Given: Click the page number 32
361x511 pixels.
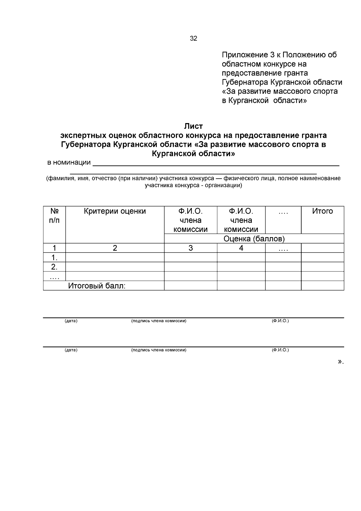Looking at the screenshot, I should coord(193,39).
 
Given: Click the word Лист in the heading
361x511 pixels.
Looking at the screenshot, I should coord(193,126).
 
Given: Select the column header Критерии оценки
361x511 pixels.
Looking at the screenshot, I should coord(115,211).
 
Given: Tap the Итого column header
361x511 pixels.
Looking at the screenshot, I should coord(322,211).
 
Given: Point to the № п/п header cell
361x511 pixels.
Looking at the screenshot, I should coord(54,216).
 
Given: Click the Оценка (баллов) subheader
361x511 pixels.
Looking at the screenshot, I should coord(254,239).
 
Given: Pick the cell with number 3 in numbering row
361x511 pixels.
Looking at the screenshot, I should coord(190,248).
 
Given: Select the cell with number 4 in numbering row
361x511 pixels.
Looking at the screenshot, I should coord(241,248).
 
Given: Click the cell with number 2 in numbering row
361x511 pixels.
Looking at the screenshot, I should coord(115,248).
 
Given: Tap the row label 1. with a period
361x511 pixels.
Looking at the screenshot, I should coord(54,258).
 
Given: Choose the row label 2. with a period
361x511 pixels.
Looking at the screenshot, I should coord(54,267).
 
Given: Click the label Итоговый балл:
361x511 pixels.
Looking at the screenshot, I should coord(97,286).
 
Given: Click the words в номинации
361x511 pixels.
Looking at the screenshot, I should coord(69,163).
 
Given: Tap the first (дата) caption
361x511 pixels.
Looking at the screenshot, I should coord(71,321).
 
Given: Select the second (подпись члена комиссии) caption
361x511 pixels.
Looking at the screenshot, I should coord(159,350).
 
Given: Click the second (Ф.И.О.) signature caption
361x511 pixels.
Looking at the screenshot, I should coord(280,350).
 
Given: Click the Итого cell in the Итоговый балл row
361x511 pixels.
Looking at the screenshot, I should coord(322,286).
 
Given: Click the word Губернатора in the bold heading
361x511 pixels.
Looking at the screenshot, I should coord(86,144).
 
